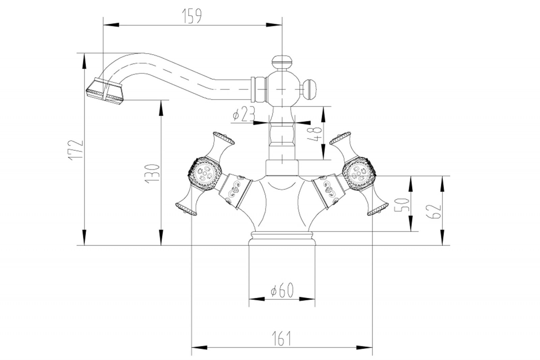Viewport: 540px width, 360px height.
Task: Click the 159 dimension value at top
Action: (x=192, y=16)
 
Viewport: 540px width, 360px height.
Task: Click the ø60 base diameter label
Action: (x=282, y=290)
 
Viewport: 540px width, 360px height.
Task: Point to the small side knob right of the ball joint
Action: (x=310, y=89)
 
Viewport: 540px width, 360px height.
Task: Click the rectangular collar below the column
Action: (x=282, y=168)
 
